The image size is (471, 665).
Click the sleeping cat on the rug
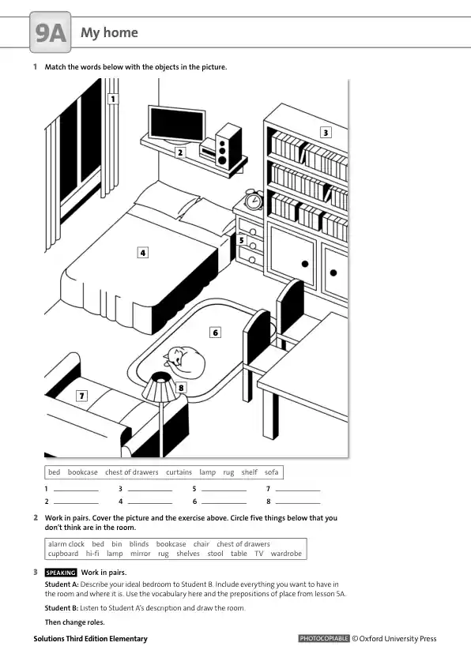(185, 362)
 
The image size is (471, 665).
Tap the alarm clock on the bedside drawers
(254, 200)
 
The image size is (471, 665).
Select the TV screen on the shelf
(176, 124)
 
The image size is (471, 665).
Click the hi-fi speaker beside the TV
(228, 146)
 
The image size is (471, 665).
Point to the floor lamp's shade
(159, 386)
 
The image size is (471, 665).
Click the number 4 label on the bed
(143, 253)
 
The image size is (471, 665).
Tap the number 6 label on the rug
(216, 332)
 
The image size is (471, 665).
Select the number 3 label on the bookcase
(326, 133)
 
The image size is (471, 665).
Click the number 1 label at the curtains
(113, 99)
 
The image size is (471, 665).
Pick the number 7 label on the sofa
(81, 396)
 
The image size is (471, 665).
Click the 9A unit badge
(51, 32)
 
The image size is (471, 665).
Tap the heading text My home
(110, 32)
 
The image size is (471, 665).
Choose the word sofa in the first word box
(272, 472)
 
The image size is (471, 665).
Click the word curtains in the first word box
(179, 472)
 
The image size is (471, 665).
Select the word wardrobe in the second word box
(286, 554)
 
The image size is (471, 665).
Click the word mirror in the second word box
(141, 554)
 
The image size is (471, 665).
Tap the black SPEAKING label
(61, 573)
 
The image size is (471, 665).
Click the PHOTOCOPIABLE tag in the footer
(324, 638)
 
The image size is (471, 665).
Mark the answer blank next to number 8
(298, 503)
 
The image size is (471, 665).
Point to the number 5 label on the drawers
(242, 240)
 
